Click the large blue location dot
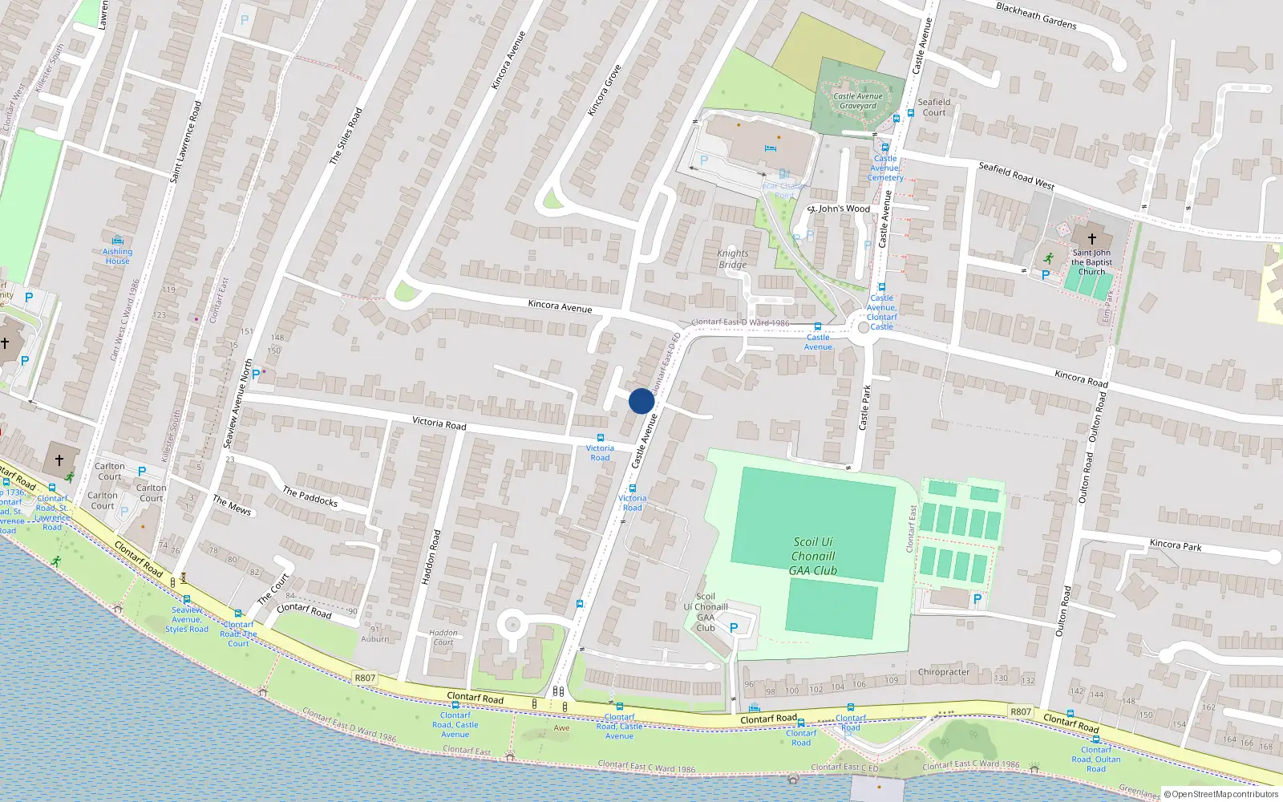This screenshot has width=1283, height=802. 641,401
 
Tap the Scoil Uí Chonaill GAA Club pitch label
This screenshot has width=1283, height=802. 813,557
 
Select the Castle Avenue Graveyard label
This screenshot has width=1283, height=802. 858,101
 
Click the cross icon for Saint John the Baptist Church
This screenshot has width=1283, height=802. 1091,239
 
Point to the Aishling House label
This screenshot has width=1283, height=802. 117,256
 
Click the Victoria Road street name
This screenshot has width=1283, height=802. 439,423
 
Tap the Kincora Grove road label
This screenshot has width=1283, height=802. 605,90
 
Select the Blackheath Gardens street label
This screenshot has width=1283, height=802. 1036,15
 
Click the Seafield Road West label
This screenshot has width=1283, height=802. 1016,176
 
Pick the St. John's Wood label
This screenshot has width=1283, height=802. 838,209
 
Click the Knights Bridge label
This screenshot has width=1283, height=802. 732,259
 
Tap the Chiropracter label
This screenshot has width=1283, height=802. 943,672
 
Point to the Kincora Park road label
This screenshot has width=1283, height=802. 1175,545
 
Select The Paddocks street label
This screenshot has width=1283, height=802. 310,496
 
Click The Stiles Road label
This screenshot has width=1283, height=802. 346,136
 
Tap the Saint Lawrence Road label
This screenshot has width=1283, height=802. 185,142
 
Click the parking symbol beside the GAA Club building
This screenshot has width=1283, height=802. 733,628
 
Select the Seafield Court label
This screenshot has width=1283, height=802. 933,107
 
